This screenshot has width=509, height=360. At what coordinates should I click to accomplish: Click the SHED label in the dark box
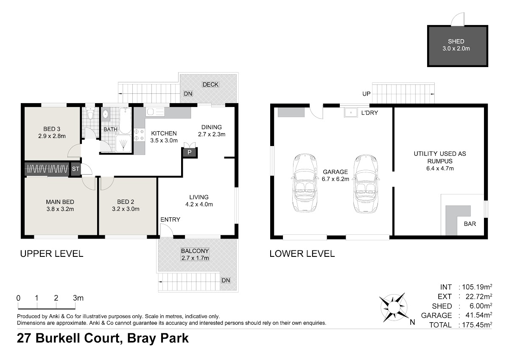click(456, 41)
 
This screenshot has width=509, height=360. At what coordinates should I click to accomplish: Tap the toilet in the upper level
click(90, 113)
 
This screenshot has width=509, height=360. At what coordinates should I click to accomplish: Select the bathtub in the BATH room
click(125, 121)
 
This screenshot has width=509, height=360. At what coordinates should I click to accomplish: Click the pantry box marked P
click(189, 152)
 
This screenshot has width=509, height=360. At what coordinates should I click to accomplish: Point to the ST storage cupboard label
click(76, 169)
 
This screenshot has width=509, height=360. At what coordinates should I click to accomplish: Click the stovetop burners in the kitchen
click(139, 135)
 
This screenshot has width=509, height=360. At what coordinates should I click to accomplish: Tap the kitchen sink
click(155, 112)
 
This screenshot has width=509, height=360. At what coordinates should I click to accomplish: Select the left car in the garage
click(305, 183)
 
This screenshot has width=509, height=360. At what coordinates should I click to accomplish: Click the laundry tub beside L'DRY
click(351, 112)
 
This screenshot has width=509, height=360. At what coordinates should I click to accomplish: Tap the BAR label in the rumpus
click(470, 224)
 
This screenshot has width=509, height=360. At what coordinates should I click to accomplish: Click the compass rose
click(394, 307)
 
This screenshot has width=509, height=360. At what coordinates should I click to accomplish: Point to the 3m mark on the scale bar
click(78, 298)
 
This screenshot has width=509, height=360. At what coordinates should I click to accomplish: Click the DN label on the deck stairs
click(188, 94)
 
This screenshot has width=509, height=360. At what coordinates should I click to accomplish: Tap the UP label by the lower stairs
click(366, 94)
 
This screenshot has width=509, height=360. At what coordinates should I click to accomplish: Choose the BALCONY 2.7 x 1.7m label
click(195, 254)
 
